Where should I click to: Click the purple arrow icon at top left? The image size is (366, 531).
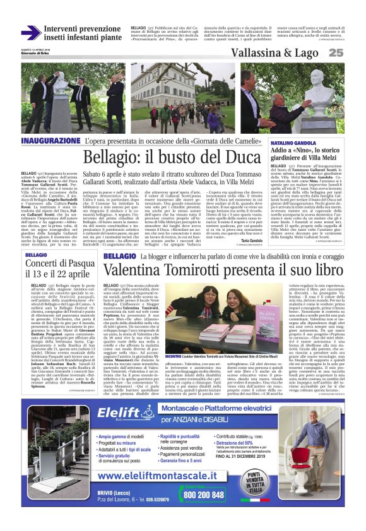click(30, 33)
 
